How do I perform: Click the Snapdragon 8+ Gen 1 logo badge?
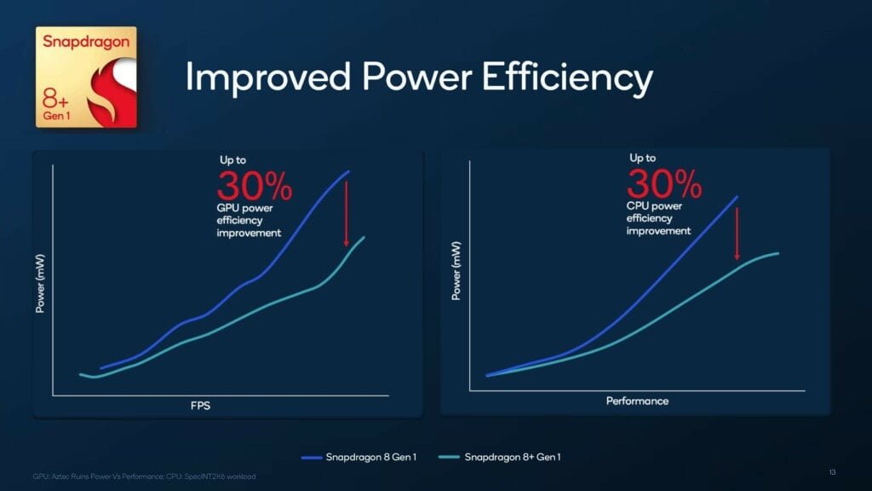(85, 78)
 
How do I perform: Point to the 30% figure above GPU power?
(255, 185)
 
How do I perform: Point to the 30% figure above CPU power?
(664, 182)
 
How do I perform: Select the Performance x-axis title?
(637, 401)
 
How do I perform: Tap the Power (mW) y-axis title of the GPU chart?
(39, 282)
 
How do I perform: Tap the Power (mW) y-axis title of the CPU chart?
(456, 271)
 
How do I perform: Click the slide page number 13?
(832, 471)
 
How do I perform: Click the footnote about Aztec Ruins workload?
(144, 476)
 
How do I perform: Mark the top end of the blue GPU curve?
(348, 171)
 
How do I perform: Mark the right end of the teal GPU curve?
(364, 237)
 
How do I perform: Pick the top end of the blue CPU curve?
(737, 197)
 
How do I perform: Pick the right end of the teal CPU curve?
(778, 253)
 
